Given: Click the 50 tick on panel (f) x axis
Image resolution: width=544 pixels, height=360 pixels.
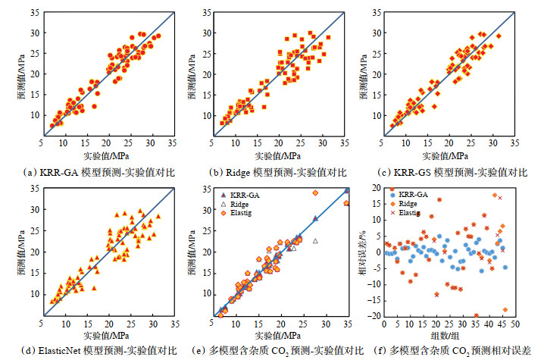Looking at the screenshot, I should (x=515, y=324).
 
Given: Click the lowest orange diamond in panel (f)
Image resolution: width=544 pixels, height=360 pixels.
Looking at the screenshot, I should (x=505, y=310).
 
